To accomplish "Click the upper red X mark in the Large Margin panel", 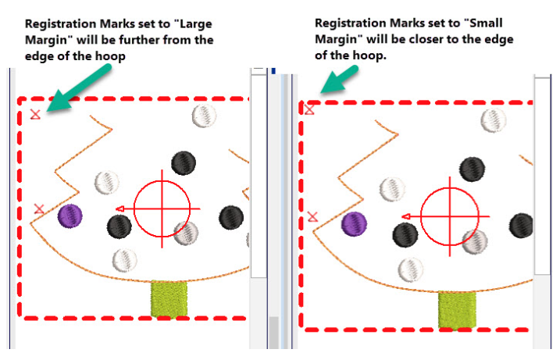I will pyautogui.click(x=35, y=115).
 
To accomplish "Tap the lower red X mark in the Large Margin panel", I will pyautogui.click(x=40, y=209).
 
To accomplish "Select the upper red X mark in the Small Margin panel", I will pyautogui.click(x=309, y=109).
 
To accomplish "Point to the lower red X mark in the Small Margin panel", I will pyautogui.click(x=314, y=216).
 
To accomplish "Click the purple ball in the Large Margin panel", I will pyautogui.click(x=70, y=215).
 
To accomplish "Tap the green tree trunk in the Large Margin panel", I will pyautogui.click(x=169, y=299).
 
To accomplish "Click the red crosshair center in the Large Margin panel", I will pyautogui.click(x=162, y=209).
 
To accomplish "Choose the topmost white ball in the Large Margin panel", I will pyautogui.click(x=204, y=116).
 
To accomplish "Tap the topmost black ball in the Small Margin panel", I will pyautogui.click(x=471, y=169).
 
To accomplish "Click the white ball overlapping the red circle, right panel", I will pyautogui.click(x=474, y=242).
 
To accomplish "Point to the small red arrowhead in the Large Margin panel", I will pyautogui.click(x=119, y=209).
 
